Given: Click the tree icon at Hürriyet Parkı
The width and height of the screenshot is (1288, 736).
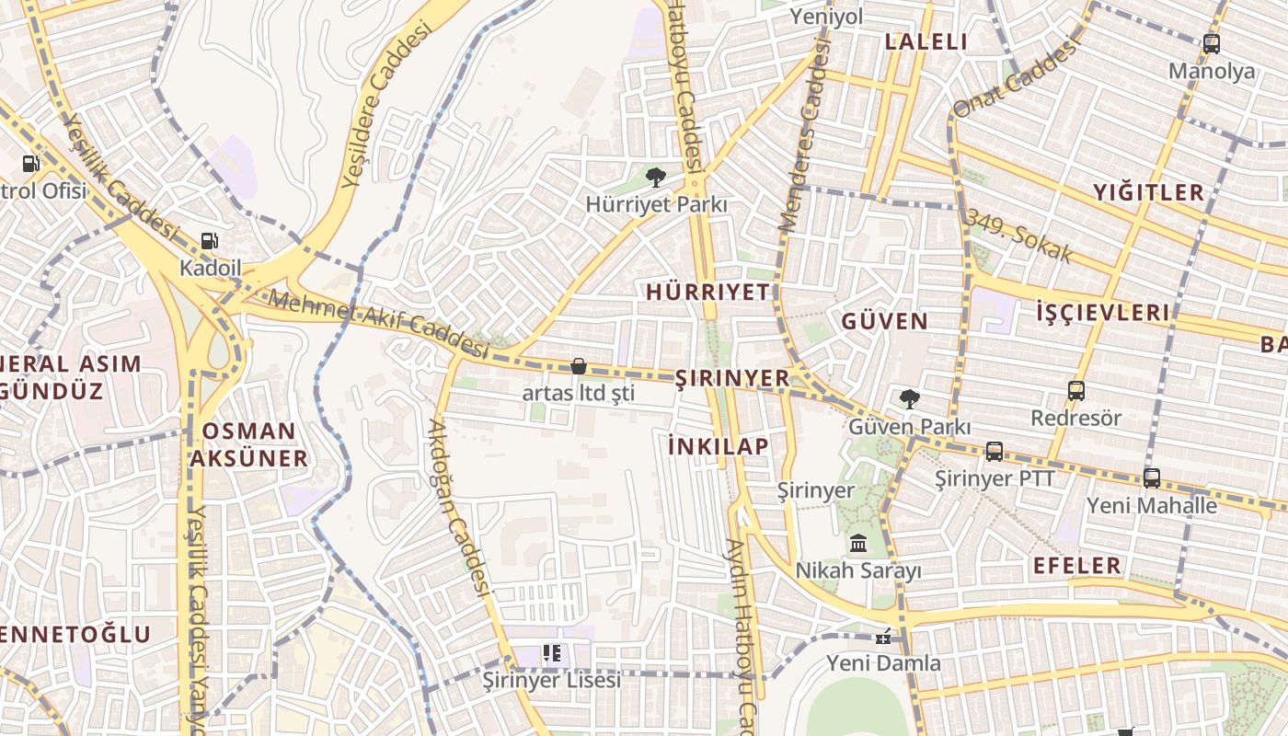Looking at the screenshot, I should point(655,177).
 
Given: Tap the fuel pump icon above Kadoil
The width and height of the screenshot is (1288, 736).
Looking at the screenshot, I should point(210,241).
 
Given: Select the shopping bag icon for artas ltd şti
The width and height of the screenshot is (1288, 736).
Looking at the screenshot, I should point(579,366).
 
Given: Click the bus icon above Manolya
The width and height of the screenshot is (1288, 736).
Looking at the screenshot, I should point(1212,43).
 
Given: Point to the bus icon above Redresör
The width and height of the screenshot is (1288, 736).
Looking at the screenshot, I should point(1076,390).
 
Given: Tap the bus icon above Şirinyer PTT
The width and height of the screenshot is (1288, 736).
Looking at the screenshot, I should point(995,452).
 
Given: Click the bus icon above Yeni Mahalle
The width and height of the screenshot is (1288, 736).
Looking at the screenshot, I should point(1152,477).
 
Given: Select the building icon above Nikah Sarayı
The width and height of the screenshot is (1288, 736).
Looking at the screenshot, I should point(858,543).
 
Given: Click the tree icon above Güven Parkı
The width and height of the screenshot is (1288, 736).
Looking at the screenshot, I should point(909,399).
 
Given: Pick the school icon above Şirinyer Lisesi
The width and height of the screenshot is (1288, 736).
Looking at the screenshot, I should point(552,653).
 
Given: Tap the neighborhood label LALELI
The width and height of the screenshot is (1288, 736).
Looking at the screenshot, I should point(926,41).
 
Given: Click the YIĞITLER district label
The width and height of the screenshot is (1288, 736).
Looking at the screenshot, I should point(1148,192).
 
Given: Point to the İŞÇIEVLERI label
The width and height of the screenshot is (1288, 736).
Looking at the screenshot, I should point(1103,312).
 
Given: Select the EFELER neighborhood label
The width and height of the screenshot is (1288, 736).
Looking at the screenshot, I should point(1077,565).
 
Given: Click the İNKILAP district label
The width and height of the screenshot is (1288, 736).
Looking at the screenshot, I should point(719,446).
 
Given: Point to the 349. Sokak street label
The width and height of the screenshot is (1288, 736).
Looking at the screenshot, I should point(1018,236).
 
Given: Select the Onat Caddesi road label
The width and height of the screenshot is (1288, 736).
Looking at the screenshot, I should point(1014,81).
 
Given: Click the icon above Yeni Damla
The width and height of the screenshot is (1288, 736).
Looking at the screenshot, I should point(883,637).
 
